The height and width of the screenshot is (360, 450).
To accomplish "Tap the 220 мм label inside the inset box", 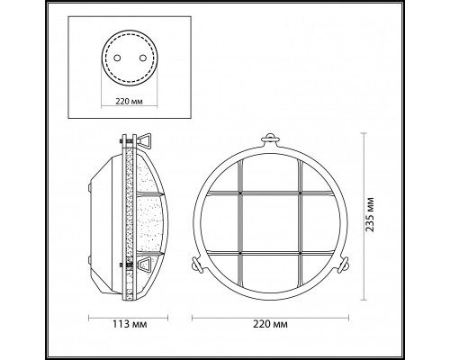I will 129,102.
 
